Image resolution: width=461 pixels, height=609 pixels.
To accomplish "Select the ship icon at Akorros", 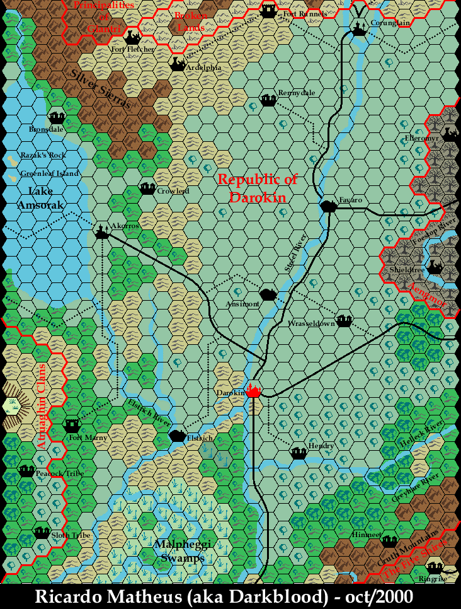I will (103, 232).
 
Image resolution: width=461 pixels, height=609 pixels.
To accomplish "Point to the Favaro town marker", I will (328, 206).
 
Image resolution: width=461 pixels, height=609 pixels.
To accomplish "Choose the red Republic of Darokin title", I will (257, 188).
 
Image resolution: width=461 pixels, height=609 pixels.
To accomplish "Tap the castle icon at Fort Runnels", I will (269, 11).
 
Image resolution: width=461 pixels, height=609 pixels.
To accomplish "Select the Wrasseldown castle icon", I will (343, 320).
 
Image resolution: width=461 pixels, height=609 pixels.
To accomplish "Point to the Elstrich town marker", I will (178, 435).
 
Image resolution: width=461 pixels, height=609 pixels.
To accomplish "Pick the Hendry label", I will (321, 446).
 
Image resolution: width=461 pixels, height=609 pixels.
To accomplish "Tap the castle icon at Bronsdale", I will (57, 117).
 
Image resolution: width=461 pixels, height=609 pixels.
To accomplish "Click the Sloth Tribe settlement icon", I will (42, 533).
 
